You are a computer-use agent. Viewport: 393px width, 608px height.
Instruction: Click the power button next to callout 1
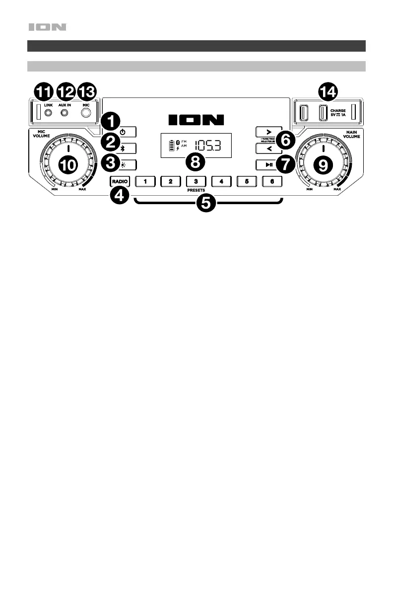tap(122, 132)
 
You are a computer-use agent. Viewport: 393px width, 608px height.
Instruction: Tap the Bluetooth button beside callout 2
tap(122, 148)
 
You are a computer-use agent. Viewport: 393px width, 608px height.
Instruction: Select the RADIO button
tap(120, 181)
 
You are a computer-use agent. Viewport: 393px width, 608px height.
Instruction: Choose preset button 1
tap(145, 181)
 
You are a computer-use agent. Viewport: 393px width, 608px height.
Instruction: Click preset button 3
tap(196, 181)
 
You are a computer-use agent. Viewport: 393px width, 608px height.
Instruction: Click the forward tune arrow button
tap(268, 132)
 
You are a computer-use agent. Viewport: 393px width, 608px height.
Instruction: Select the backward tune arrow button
tap(268, 148)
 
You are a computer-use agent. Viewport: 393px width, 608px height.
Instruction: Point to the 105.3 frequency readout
tap(207, 146)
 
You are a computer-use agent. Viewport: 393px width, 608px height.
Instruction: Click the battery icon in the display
tap(173, 146)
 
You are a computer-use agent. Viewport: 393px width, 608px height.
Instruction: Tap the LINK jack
tap(48, 112)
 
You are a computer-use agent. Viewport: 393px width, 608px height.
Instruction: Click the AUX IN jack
tap(65, 112)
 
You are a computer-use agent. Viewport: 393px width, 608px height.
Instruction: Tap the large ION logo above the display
tap(196, 120)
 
